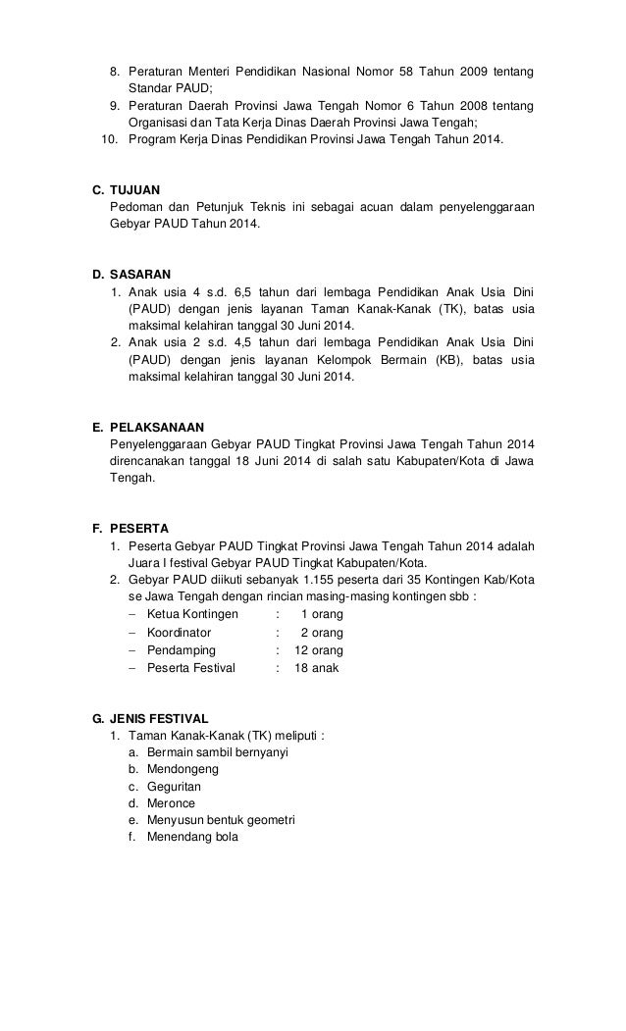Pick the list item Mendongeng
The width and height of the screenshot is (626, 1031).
point(183,769)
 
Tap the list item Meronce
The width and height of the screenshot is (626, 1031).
point(171,803)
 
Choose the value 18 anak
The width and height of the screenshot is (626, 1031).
point(316,668)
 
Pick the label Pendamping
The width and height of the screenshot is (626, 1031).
point(181,650)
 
